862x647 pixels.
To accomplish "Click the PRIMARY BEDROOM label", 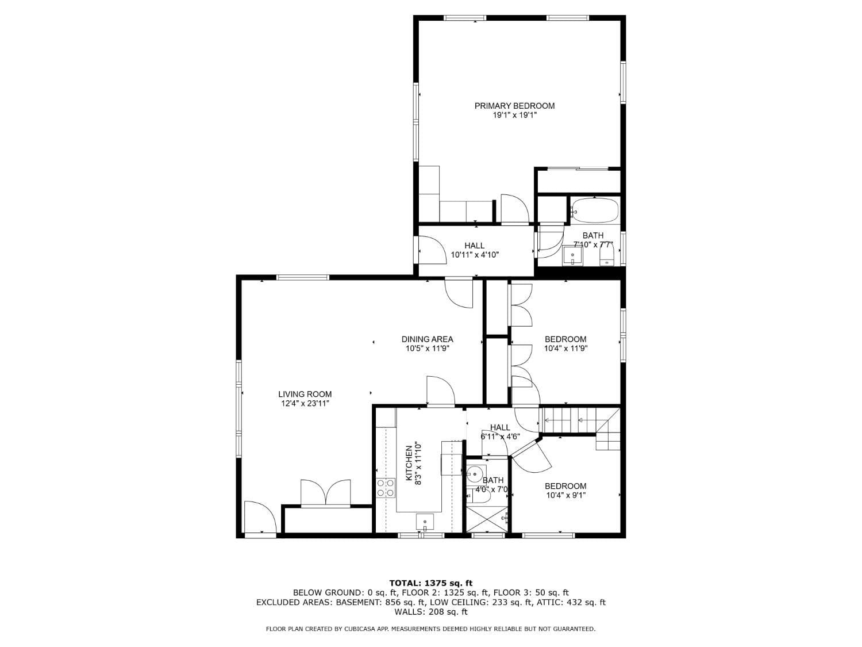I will tap(514, 106).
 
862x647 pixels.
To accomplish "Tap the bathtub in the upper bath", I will tap(595, 210).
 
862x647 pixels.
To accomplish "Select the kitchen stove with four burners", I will tap(386, 488).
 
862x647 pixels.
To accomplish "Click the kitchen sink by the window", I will tap(425, 522).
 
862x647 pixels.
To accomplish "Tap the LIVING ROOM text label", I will tap(305, 395).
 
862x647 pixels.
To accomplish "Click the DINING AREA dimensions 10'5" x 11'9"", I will tap(427, 349).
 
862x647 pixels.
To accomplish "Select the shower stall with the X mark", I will tap(487, 519).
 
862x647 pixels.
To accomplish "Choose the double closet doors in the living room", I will tap(325, 493).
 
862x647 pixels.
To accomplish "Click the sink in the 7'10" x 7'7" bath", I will tap(572, 255).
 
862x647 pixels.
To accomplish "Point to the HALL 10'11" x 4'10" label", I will tap(474, 250).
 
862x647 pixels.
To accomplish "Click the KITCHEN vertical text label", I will tap(409, 463).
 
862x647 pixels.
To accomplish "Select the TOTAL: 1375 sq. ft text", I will tap(430, 583).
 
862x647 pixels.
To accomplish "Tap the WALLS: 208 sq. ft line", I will tap(430, 612).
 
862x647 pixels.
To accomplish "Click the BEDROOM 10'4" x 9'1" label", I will tap(565, 491).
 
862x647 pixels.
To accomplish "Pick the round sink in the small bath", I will tap(474, 474).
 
